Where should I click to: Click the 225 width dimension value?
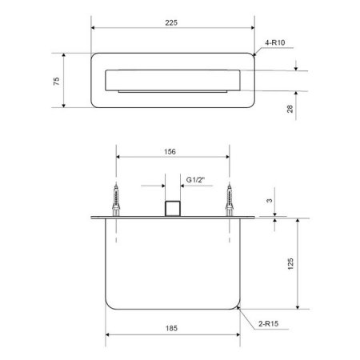point(171,22)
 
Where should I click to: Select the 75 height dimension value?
point(57,81)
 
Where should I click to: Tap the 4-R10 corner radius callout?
point(275,42)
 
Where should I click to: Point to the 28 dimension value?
point(290,109)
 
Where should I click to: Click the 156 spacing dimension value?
point(170,152)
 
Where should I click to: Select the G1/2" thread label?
point(195,180)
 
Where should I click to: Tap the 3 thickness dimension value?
point(270,200)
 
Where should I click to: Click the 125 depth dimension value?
point(290,264)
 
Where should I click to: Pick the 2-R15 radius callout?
point(268,324)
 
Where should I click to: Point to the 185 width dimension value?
point(171,328)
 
